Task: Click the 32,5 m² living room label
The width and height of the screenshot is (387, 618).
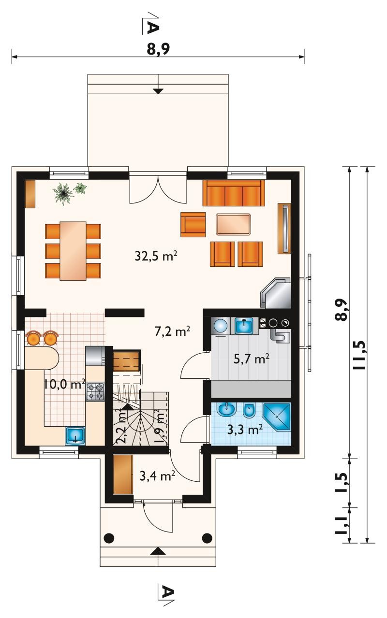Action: [156, 256]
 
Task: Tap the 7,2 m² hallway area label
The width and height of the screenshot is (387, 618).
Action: [172, 331]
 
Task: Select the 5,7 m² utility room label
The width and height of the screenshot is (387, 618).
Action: [252, 359]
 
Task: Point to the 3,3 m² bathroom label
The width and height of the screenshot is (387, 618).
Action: [245, 430]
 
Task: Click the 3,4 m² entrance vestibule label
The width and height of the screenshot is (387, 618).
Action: [157, 476]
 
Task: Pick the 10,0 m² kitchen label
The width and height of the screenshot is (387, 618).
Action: [64, 384]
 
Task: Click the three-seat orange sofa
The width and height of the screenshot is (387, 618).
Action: [234, 193]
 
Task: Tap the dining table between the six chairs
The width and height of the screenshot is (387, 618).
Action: [73, 250]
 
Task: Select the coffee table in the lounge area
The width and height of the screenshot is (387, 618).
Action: [234, 224]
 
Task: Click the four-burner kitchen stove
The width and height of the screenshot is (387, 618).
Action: [96, 391]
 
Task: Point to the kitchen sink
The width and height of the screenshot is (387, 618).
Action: [75, 436]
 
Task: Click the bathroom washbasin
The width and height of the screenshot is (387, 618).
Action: [226, 410]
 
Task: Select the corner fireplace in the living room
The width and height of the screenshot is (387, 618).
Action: [275, 293]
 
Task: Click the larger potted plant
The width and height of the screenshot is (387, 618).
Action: [63, 194]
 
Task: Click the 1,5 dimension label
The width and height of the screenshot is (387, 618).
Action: [342, 482]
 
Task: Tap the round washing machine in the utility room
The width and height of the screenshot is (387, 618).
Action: [220, 326]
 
